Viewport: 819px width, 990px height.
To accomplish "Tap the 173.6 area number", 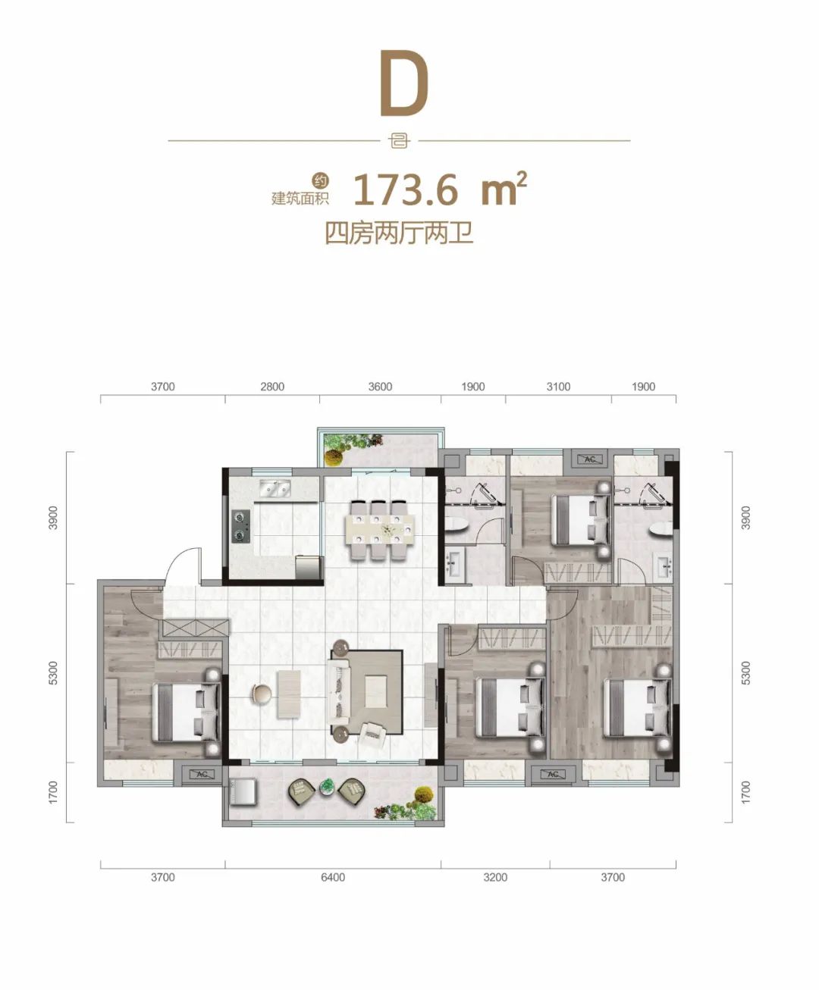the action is (x=406, y=190).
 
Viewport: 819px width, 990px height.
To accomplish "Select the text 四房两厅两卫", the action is (x=400, y=233).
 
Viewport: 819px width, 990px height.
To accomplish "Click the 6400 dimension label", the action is (x=333, y=877).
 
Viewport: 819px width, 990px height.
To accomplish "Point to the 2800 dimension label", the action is (x=272, y=387).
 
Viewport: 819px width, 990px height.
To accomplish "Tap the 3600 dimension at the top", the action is (x=380, y=387).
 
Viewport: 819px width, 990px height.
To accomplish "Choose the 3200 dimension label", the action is (x=495, y=877).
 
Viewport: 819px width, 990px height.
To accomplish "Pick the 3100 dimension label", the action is (x=558, y=387).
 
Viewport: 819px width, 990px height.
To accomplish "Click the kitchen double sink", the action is (x=275, y=489).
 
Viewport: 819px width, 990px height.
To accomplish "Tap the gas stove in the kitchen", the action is (x=241, y=526).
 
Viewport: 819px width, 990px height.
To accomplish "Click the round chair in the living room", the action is (x=262, y=692).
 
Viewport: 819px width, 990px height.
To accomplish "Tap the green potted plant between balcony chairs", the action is (x=327, y=788).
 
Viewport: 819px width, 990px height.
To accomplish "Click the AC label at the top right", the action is (x=590, y=459).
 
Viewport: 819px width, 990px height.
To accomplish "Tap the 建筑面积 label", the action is (x=300, y=198).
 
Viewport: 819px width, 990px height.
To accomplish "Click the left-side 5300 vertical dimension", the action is (x=52, y=672).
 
